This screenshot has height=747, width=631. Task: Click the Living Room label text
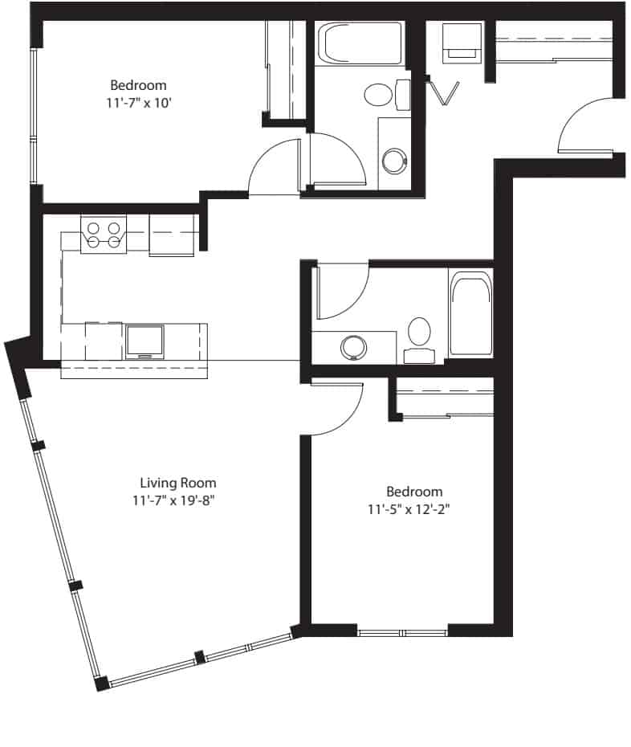[177, 483]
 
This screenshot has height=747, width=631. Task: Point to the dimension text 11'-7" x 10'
[138, 102]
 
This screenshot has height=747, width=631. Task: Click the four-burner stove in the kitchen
[104, 234]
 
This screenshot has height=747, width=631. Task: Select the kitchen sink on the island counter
[145, 341]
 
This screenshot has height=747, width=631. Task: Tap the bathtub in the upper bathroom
[360, 43]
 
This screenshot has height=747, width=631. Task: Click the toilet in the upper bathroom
[382, 95]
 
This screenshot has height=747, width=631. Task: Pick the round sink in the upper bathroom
[393, 160]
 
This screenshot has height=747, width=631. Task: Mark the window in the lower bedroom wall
[402, 632]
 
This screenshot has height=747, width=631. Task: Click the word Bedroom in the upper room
[138, 85]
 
